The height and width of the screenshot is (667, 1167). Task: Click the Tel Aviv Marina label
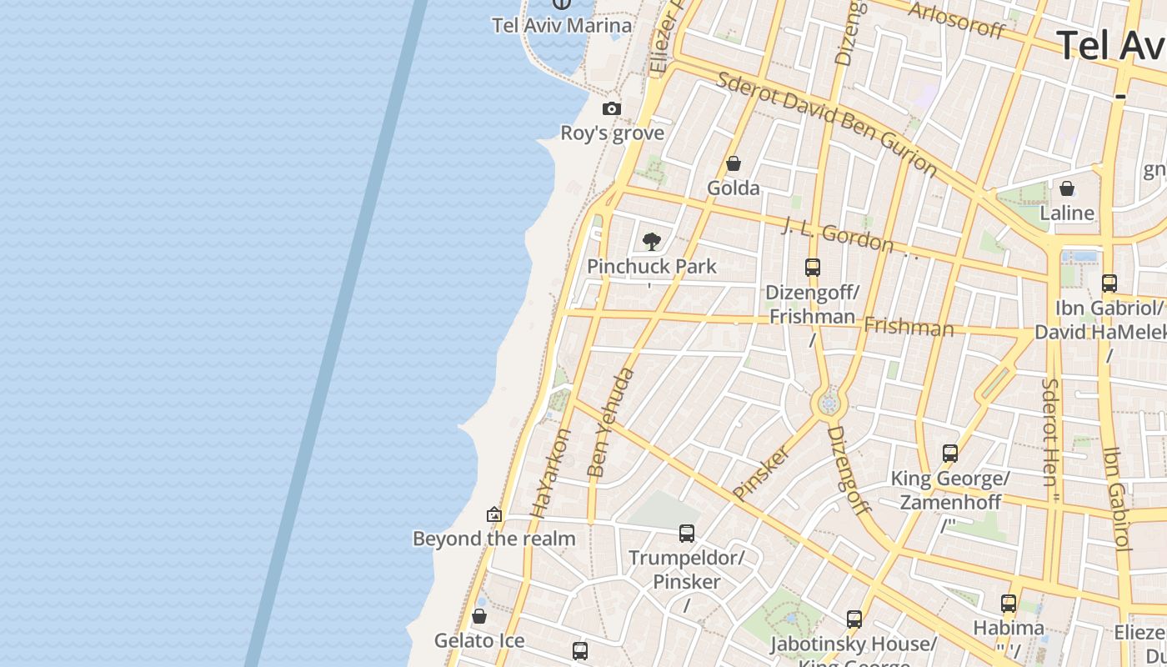[562, 25]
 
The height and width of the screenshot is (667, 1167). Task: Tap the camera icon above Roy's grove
[612, 109]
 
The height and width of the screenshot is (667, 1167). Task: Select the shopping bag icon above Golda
[734, 163]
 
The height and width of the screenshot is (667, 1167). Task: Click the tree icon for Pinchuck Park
[652, 242]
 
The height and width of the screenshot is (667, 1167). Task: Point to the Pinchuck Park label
[652, 267]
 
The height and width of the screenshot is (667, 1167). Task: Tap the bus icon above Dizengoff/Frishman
[813, 268]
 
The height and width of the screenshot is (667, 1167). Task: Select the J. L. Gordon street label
[838, 233]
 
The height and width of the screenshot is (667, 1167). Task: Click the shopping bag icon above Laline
[1067, 188]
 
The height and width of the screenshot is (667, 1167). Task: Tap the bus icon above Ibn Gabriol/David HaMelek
[1109, 283]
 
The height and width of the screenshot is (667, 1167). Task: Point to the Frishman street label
[909, 326]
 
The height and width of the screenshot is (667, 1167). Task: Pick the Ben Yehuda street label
[610, 423]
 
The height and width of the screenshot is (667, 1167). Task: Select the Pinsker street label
[761, 473]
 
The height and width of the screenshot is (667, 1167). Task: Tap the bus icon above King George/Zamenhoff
[950, 454]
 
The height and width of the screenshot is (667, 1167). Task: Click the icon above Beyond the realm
[494, 514]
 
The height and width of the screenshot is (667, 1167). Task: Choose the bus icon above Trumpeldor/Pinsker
[687, 533]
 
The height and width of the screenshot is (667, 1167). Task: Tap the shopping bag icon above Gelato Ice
[479, 617]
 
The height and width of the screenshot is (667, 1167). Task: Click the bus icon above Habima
[1009, 603]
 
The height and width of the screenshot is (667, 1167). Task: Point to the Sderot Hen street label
[1049, 434]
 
